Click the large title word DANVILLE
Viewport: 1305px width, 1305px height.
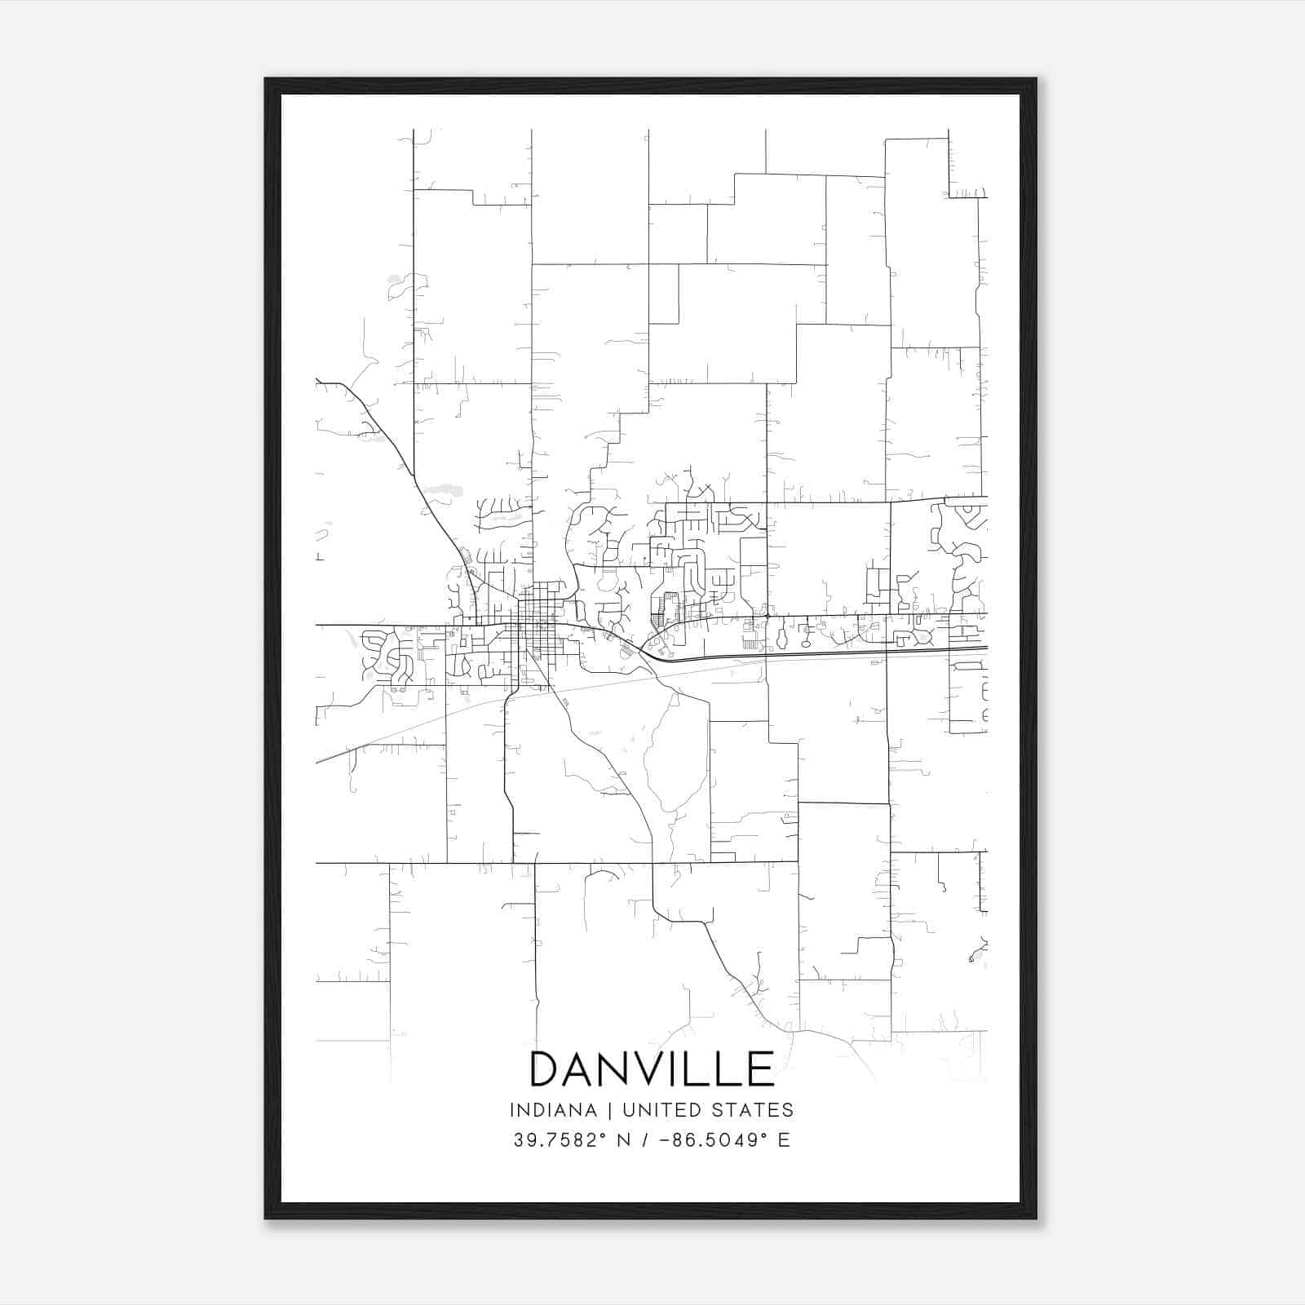tap(652, 1068)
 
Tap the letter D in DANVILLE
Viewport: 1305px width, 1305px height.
tap(546, 1068)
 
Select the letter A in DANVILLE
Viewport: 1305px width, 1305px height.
tap(581, 1068)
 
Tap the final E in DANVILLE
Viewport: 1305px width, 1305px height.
tap(761, 1068)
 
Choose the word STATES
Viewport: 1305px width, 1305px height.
tap(755, 1110)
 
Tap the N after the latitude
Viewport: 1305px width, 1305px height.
tap(624, 1140)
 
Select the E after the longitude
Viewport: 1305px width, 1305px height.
tap(784, 1140)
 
